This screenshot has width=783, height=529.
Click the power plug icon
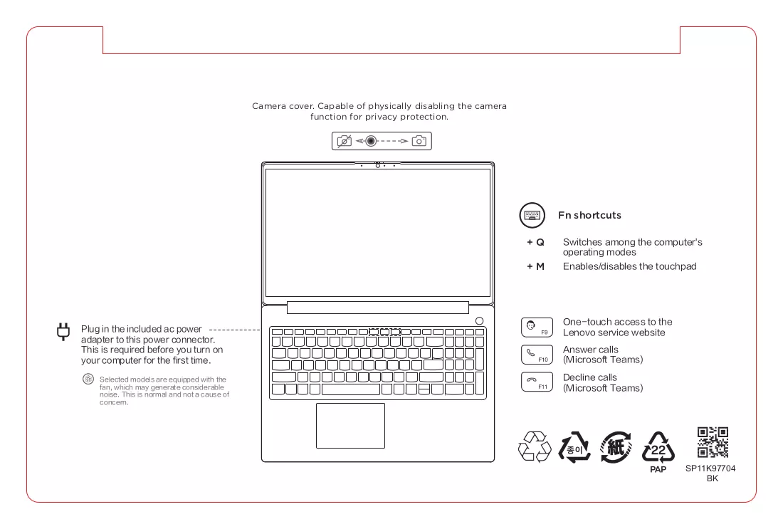pos(63,332)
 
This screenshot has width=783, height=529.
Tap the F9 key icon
pos(537,328)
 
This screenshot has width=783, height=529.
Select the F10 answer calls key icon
pos(537,355)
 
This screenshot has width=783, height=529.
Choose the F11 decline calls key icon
pos(537,382)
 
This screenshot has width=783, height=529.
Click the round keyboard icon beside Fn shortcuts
pos(532,215)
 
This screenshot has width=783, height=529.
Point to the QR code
pos(713,442)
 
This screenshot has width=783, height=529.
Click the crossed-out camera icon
pos(344,142)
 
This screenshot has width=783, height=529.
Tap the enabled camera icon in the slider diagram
pos(419,141)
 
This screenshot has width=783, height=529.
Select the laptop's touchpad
pos(350,426)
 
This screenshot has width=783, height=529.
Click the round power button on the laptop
pos(479,320)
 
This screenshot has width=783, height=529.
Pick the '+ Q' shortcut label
pos(536,242)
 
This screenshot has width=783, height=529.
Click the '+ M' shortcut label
pos(536,267)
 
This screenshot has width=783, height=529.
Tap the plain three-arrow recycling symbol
pos(535,446)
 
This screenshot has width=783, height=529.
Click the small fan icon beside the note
pos(88,379)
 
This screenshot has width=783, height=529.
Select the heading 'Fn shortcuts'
pos(590,215)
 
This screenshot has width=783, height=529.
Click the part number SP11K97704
pos(710,468)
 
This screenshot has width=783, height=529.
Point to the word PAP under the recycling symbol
pos(658,470)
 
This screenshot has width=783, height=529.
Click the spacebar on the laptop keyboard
pos(351,389)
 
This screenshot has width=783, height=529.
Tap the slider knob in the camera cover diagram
pos(371,141)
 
